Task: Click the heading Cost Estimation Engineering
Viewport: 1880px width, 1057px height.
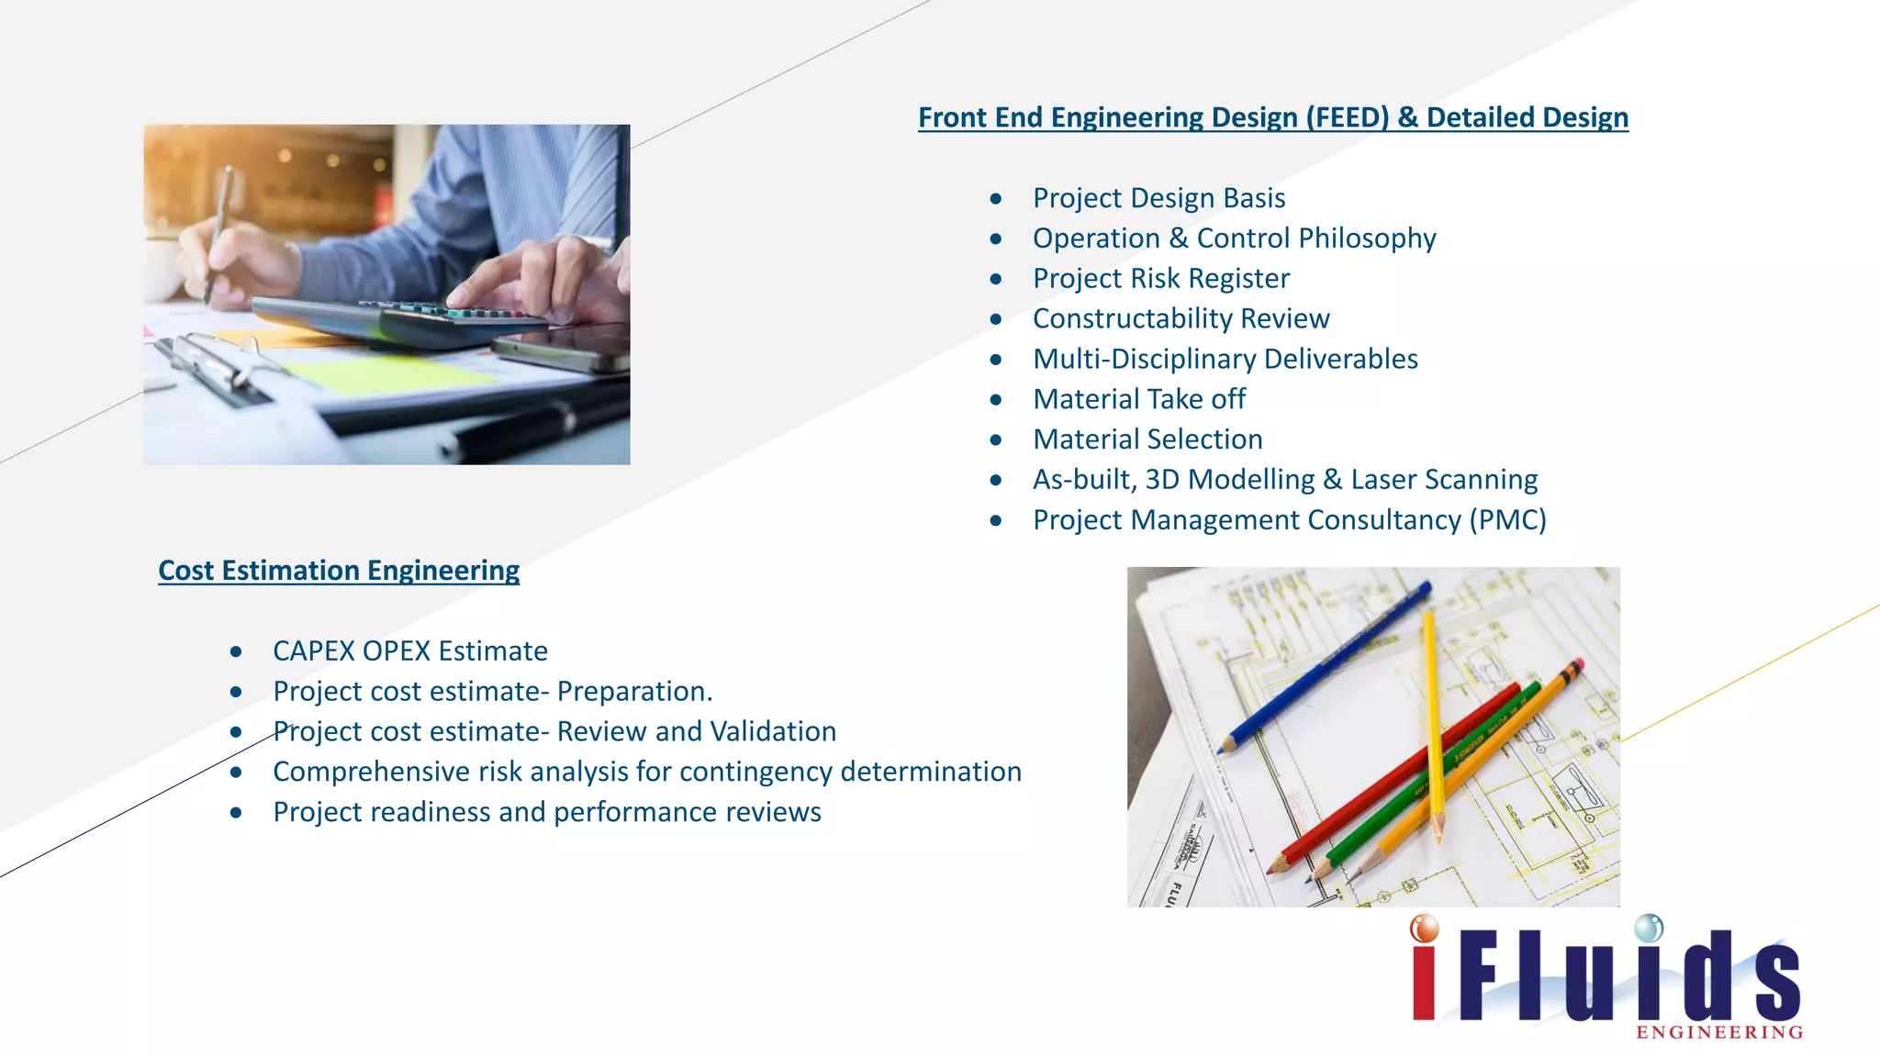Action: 339,571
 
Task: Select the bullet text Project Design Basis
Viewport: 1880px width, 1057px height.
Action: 1158,198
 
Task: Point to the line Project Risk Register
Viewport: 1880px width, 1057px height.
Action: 1160,279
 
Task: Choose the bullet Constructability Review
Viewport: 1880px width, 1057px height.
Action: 1181,318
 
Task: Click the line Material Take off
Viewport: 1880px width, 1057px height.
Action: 1138,399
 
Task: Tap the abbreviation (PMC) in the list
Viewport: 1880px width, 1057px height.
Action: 1507,520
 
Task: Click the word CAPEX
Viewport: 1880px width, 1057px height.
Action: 314,651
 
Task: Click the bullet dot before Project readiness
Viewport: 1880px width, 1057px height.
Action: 236,813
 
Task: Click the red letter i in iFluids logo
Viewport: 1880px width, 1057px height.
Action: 1425,973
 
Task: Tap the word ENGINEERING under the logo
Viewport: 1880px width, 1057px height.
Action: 1719,1033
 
